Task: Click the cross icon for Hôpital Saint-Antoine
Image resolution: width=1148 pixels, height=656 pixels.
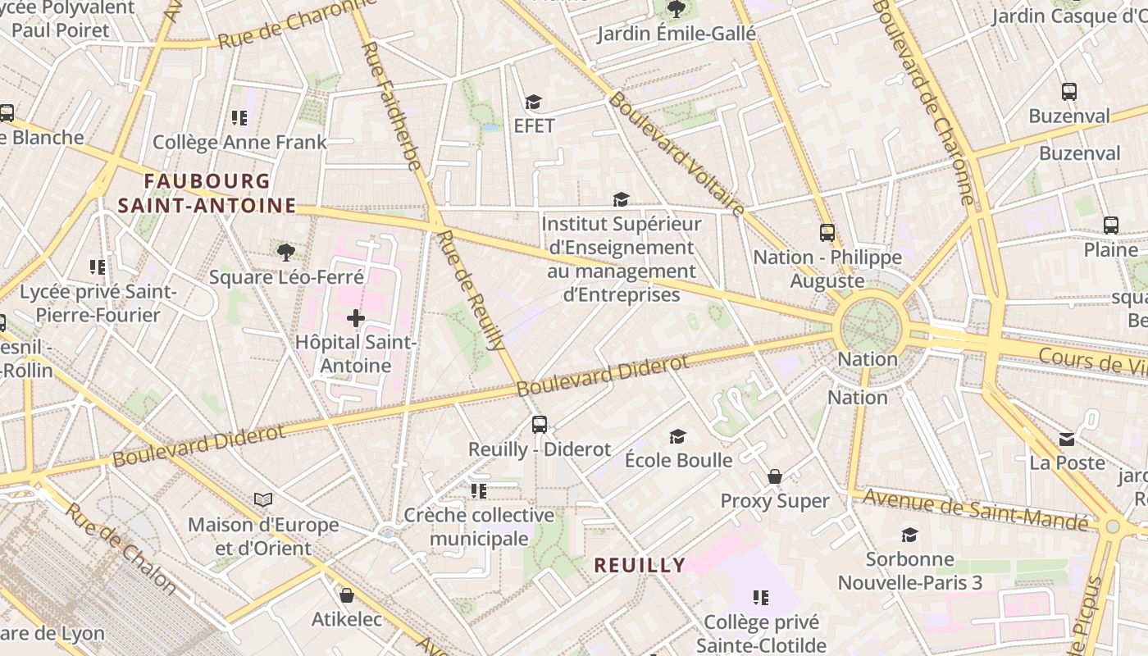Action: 356,318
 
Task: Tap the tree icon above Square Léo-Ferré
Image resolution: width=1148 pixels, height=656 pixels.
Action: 285,252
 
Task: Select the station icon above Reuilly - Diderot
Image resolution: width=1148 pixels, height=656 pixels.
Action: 539,425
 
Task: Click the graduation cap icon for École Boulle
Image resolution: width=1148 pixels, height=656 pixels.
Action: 677,436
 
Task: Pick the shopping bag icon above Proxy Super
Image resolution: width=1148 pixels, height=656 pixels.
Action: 774,476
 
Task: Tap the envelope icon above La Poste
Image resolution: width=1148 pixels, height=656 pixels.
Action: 1067,440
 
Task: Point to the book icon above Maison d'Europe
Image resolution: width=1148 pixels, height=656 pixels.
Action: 262,499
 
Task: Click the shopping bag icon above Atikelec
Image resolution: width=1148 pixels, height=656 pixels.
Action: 346,594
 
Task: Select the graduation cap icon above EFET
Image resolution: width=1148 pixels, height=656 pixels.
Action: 534,102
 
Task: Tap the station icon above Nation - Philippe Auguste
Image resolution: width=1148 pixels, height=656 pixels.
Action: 827,233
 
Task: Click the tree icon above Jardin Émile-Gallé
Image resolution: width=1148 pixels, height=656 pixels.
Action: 676,9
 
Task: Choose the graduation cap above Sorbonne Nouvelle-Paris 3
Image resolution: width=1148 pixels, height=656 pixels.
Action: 909,535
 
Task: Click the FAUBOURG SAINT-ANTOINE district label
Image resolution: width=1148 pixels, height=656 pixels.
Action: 207,193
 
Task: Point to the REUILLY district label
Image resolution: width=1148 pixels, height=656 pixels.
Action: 640,565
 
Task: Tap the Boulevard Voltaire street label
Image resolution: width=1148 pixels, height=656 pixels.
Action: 676,154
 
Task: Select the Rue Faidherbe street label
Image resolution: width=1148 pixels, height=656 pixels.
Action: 391,107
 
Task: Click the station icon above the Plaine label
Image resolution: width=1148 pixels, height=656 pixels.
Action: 1111,225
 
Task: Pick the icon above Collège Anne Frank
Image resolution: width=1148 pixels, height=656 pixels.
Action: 239,118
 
